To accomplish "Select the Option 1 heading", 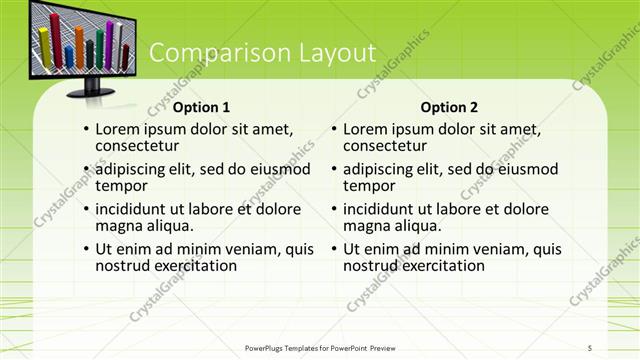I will [x=201, y=107].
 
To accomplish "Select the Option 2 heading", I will [x=449, y=107].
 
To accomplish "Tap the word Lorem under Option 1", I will [x=120, y=129].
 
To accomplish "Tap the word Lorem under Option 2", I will [x=368, y=129].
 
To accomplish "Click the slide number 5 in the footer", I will [x=590, y=347].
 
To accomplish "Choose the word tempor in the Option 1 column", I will [x=121, y=186].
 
